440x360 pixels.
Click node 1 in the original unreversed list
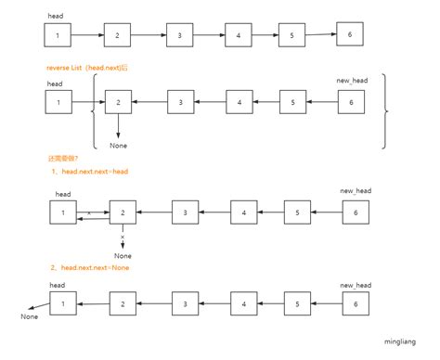58,36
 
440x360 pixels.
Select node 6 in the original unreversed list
350,33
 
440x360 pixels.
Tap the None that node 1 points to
30,317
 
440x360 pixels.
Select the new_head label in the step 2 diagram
355,286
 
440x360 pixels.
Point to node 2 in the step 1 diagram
122,214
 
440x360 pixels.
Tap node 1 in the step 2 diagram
62,303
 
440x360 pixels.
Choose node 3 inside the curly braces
181,102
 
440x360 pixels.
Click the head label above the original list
55,16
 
